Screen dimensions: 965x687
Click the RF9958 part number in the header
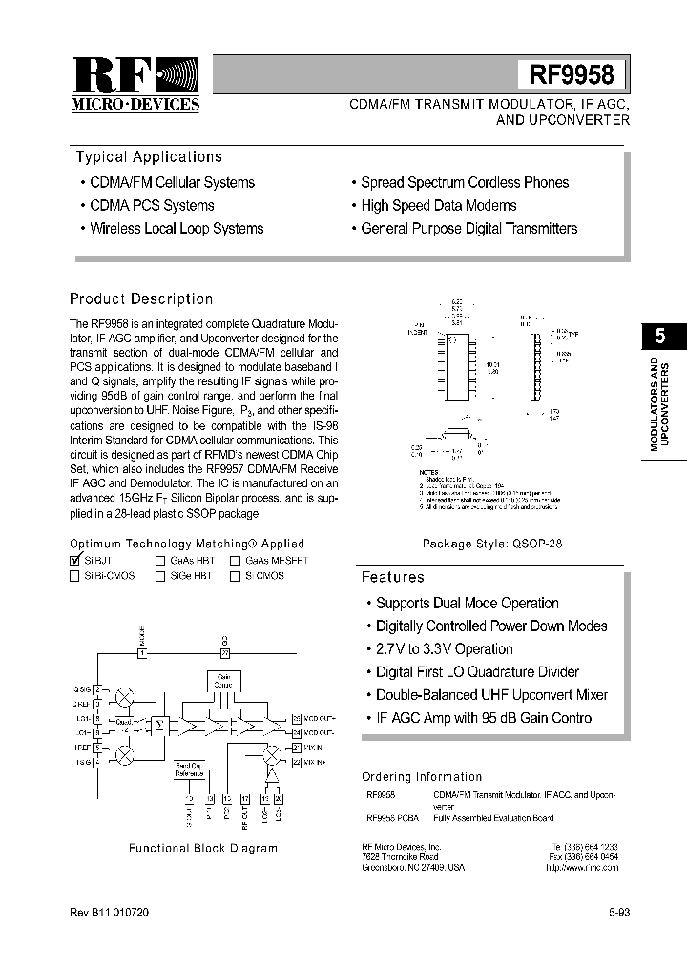point(572,73)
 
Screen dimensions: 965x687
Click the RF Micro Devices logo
point(135,83)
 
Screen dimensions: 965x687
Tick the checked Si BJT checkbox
point(75,561)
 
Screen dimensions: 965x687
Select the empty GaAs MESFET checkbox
point(235,561)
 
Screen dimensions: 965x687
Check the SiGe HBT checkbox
point(160,576)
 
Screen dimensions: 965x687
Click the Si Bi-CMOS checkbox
point(75,576)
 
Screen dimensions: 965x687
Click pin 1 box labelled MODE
point(142,653)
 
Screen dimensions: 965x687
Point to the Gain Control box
point(222,681)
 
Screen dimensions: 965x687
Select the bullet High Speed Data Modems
point(438,205)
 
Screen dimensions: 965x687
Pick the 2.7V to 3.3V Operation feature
point(444,649)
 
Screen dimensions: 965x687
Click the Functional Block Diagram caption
point(203,848)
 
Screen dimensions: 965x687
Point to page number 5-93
point(619,913)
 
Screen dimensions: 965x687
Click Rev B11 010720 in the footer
point(109,913)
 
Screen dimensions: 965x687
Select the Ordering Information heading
point(422,777)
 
